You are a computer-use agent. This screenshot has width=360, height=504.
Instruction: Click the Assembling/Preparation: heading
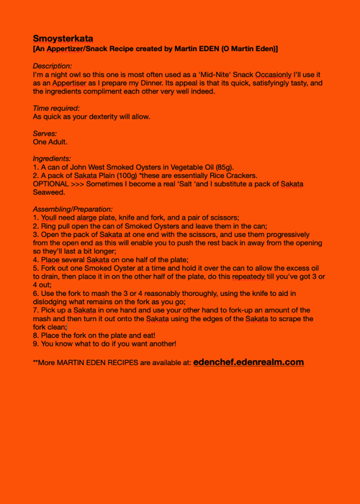click(x=73, y=209)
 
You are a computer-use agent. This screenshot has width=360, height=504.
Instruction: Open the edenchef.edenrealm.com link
click(x=248, y=362)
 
